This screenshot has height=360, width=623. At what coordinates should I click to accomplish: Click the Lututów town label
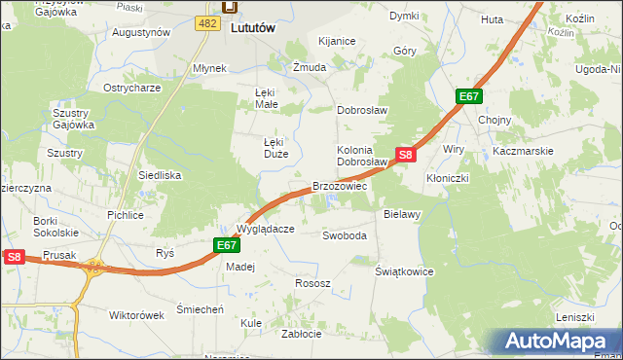(254, 29)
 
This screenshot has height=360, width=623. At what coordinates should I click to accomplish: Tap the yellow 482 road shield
(206, 22)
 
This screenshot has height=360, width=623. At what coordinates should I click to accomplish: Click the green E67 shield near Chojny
(469, 96)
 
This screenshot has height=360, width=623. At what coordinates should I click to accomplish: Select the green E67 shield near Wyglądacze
(226, 246)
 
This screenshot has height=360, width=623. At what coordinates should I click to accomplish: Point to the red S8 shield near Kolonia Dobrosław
(406, 154)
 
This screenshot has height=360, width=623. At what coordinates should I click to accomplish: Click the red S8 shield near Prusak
(13, 257)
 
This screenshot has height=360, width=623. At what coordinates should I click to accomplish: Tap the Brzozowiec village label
(339, 185)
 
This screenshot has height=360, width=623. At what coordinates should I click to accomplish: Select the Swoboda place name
(345, 235)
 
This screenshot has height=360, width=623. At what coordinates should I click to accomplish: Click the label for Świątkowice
(404, 271)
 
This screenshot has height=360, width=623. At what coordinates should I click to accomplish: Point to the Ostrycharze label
(132, 88)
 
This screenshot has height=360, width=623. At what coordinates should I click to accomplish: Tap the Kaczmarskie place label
(523, 151)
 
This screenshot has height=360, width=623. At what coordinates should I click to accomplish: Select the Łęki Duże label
(275, 147)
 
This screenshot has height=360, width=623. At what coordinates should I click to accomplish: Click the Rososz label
(312, 283)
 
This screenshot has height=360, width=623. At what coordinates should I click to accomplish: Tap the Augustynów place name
(141, 32)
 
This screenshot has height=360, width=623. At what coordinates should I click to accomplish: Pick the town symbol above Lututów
(230, 8)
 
